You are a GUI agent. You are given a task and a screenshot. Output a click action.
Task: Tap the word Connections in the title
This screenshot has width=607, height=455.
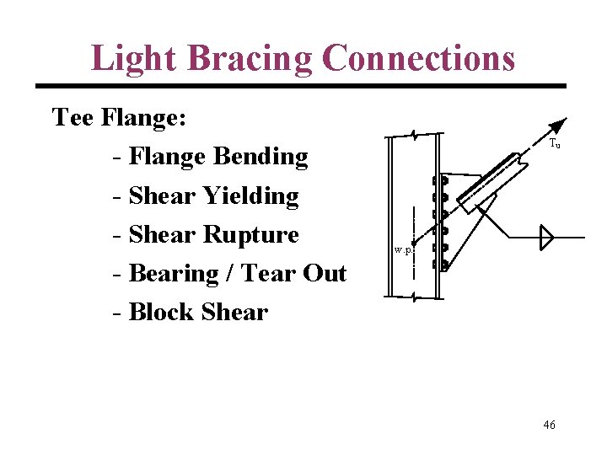click(418, 58)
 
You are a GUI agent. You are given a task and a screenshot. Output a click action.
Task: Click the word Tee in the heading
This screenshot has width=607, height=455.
click(73, 117)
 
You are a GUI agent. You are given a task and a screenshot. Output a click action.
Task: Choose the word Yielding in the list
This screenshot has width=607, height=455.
click(251, 195)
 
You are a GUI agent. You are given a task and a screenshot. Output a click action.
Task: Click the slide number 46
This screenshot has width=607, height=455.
click(549, 425)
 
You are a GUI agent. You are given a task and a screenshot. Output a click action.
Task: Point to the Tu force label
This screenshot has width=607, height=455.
click(555, 144)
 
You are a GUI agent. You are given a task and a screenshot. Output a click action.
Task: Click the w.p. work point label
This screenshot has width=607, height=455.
click(403, 249)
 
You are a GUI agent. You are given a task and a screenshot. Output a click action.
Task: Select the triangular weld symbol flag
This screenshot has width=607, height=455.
click(545, 238)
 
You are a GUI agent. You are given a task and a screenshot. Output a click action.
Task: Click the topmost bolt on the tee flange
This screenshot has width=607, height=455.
click(438, 181)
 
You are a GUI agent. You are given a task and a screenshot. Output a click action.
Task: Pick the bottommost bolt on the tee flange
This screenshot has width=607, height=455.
click(438, 265)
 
